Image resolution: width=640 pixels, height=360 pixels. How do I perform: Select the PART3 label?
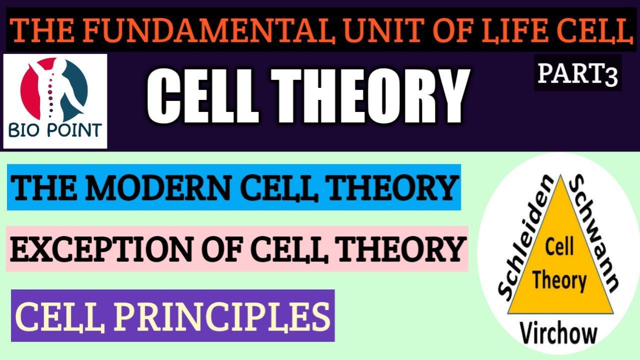click(577, 73)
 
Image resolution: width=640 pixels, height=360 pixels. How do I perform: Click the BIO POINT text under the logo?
click(55, 131)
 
